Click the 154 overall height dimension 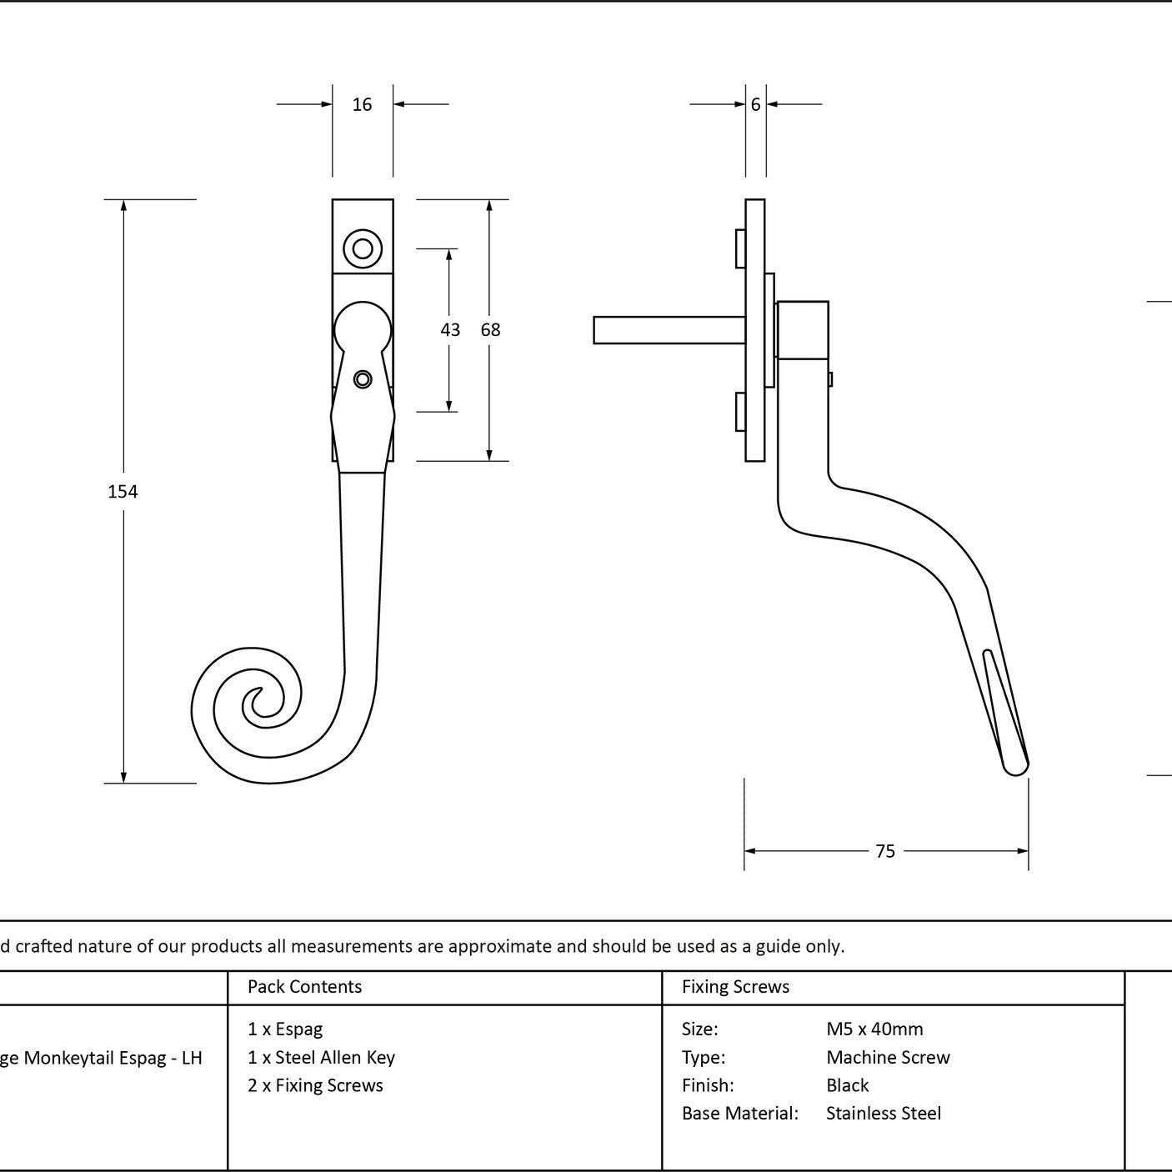pyautogui.click(x=123, y=492)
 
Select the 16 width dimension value pyautogui.click(x=362, y=104)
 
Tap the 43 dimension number pyautogui.click(x=450, y=329)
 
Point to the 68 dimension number pyautogui.click(x=490, y=329)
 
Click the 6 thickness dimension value pyautogui.click(x=755, y=104)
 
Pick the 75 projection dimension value pyautogui.click(x=885, y=851)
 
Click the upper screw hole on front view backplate pyautogui.click(x=363, y=248)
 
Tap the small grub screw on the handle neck pyautogui.click(x=363, y=380)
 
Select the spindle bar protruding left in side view pyautogui.click(x=669, y=330)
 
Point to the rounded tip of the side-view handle pyautogui.click(x=1015, y=770)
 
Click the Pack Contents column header pyautogui.click(x=305, y=986)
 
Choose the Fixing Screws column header pyautogui.click(x=735, y=986)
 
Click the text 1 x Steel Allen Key pyautogui.click(x=321, y=1057)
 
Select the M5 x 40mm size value pyautogui.click(x=874, y=1029)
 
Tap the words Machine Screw pyautogui.click(x=888, y=1057)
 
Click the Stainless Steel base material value pyautogui.click(x=884, y=1113)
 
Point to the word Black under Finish pyautogui.click(x=848, y=1085)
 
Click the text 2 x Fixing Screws pyautogui.click(x=315, y=1085)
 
